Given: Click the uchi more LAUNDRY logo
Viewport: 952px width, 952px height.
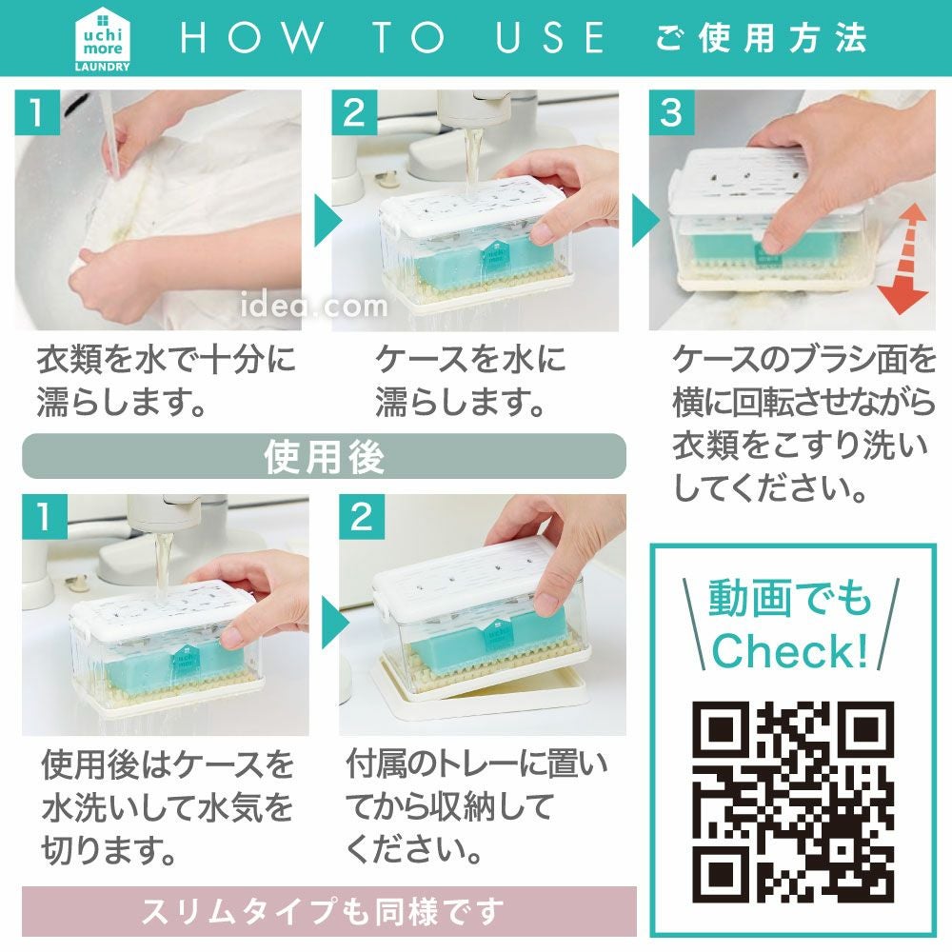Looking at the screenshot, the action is coord(102,39).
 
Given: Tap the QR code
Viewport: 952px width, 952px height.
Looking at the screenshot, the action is coord(792,802).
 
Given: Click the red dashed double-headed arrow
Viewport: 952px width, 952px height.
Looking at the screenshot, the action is coord(904,259).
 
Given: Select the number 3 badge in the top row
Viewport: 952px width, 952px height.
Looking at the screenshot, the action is coord(671,112).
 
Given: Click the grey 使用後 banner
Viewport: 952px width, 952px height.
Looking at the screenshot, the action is coord(324,456).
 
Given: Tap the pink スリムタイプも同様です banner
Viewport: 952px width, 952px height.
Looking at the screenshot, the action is coord(329,911).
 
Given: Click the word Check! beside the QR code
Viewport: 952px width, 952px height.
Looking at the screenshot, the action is coord(790,650).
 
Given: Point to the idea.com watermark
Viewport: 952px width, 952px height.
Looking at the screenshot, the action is coord(314,305).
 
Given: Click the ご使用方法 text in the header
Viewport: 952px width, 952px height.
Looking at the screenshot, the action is coord(762,38).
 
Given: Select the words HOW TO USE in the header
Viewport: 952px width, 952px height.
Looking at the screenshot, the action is coord(392,38).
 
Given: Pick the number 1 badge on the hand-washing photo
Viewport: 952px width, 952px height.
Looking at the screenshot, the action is coord(37,112).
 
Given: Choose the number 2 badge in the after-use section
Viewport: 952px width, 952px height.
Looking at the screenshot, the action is coord(362,517).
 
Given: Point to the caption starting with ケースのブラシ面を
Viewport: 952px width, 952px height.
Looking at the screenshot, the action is coord(803,424).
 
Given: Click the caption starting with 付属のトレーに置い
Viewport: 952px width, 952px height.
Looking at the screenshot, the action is coord(476,805).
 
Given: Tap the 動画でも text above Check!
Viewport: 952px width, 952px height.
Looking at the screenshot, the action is coord(790,598).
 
